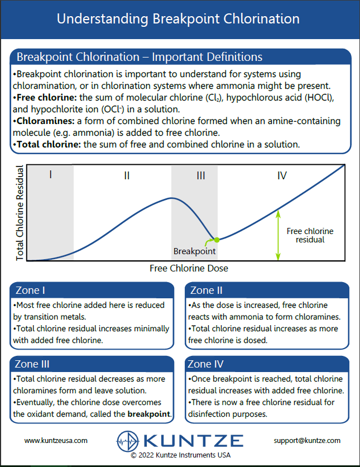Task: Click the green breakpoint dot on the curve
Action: (217, 240)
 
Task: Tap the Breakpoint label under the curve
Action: (194, 251)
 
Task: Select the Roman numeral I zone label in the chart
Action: (50, 175)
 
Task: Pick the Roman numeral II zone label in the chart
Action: (127, 175)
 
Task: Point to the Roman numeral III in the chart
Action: (201, 175)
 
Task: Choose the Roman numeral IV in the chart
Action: (282, 175)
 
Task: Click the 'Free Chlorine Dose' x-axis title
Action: (189, 268)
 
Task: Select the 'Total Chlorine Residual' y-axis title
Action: (20, 213)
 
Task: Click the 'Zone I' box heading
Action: (31, 290)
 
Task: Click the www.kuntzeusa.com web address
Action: (56, 440)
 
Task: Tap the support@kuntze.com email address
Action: (307, 440)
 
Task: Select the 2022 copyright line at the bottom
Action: (180, 455)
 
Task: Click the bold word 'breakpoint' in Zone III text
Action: (149, 414)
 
